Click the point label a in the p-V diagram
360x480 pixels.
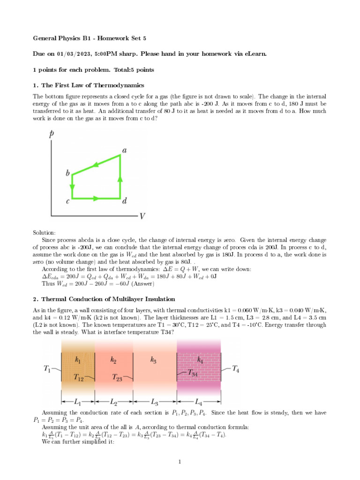[x=125, y=150]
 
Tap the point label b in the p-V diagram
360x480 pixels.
[x=68, y=173]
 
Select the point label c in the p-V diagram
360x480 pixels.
[x=68, y=202]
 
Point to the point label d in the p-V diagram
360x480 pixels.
[x=125, y=202]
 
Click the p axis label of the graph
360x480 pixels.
[x=51, y=134]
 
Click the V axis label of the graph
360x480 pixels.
[x=142, y=217]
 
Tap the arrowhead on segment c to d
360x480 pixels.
[x=96, y=198]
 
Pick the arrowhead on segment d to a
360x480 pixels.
[x=120, y=179]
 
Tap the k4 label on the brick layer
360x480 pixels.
[x=199, y=360]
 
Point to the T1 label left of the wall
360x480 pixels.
[x=48, y=369]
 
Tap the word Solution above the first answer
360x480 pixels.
[x=44, y=232]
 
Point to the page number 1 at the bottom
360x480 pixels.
[x=180, y=462]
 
